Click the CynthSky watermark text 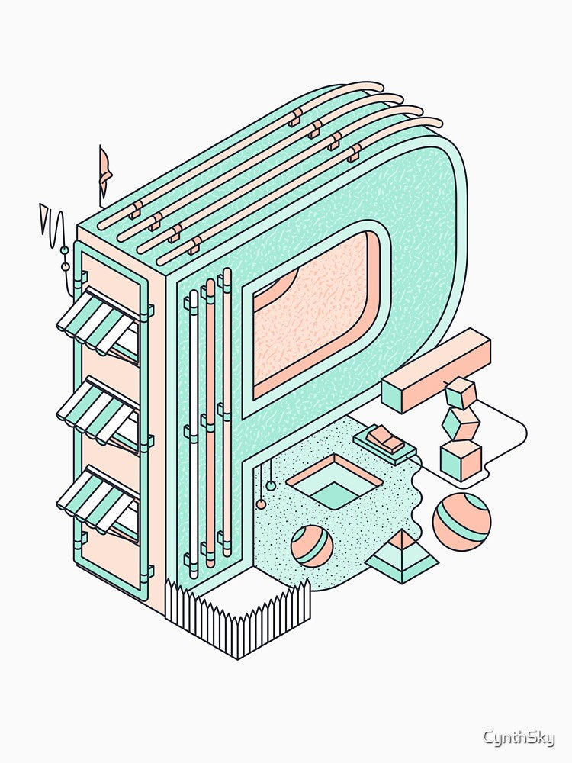(519, 738)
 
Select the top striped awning (98, 322)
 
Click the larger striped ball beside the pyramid (461, 522)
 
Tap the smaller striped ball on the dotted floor (312, 546)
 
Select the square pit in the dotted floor (334, 481)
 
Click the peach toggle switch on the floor (385, 437)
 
